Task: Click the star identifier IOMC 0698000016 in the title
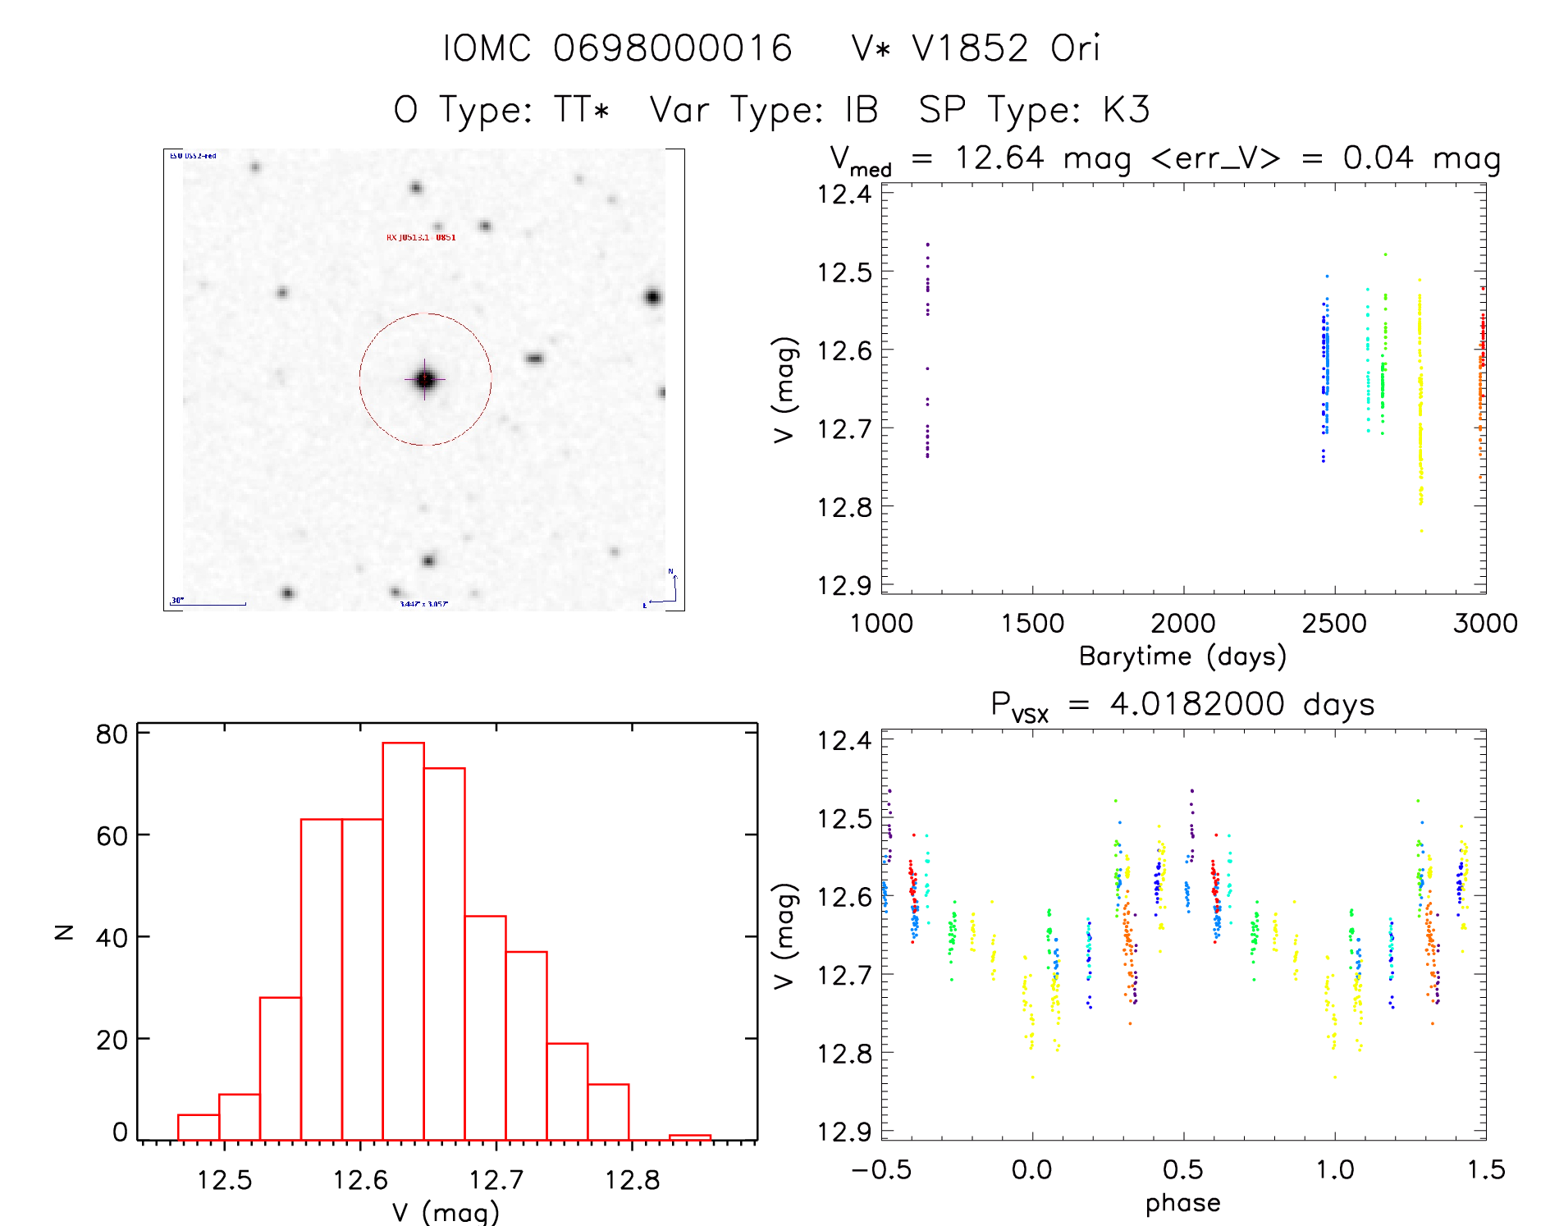click(x=617, y=48)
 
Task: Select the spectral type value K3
click(x=1126, y=110)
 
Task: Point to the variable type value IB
click(x=861, y=110)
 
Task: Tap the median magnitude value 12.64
click(x=999, y=158)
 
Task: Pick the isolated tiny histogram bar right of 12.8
click(x=689, y=1137)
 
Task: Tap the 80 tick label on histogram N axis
click(x=112, y=734)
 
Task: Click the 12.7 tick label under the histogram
click(x=496, y=1180)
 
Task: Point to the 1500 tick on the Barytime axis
click(x=1032, y=624)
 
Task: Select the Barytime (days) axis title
click(x=1182, y=656)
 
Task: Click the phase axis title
click(x=1182, y=1203)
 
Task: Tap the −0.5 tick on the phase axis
click(x=881, y=1170)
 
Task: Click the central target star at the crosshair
click(x=424, y=379)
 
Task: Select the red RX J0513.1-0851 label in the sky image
click(x=421, y=237)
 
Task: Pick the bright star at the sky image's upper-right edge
click(x=652, y=297)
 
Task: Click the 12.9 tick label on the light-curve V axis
click(x=844, y=586)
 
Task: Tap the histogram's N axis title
click(x=63, y=932)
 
